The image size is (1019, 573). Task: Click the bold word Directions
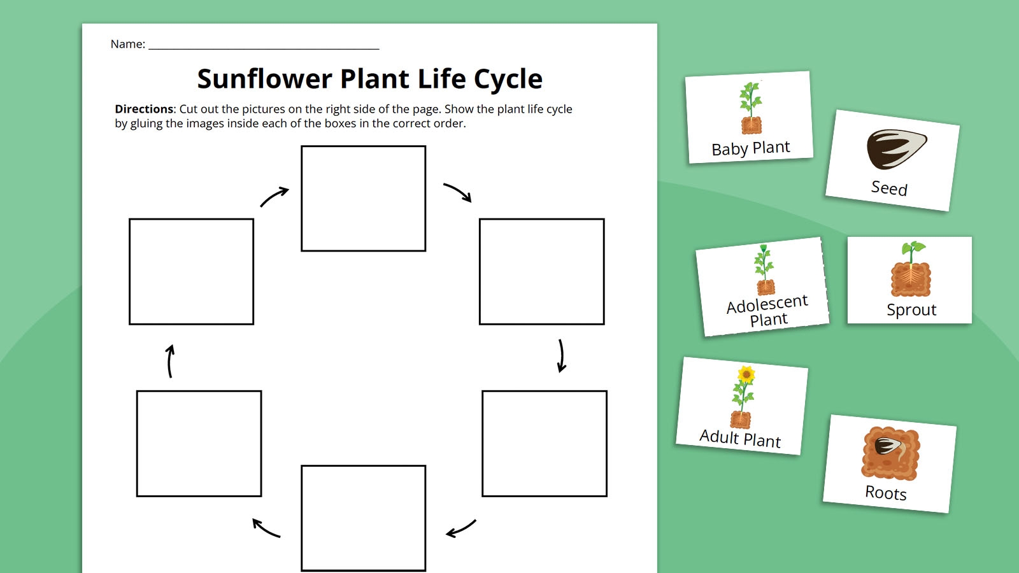[144, 109]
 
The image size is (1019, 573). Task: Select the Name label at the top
[127, 44]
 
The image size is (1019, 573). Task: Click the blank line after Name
[264, 46]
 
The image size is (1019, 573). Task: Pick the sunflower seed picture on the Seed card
[895, 149]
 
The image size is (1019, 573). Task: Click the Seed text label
[889, 188]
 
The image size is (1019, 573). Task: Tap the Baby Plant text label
[750, 148]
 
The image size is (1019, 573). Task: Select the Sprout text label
[911, 310]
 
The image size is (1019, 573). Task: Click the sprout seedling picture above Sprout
[911, 270]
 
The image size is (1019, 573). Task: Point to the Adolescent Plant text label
[767, 311]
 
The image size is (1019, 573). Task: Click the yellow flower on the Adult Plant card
[746, 374]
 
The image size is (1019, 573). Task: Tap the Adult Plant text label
[739, 439]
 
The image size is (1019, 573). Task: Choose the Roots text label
[885, 493]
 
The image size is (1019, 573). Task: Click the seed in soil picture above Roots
[890, 453]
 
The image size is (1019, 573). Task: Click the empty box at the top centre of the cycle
[363, 198]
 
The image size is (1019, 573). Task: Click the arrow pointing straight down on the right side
[561, 355]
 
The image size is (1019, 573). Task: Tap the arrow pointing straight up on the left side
[170, 361]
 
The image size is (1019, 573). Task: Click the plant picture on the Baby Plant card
[751, 108]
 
